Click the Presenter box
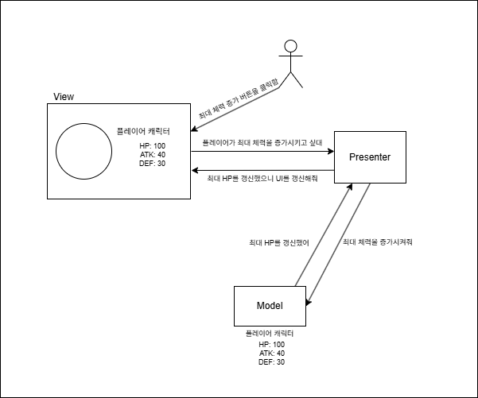(370, 156)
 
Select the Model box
(270, 306)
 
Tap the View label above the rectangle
(64, 97)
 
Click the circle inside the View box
(84, 151)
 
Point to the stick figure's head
(292, 45)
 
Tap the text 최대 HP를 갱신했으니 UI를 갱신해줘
(262, 180)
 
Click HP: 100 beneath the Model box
(271, 344)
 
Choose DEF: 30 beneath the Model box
(271, 361)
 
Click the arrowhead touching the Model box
(309, 300)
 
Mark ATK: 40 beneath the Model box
(271, 353)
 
